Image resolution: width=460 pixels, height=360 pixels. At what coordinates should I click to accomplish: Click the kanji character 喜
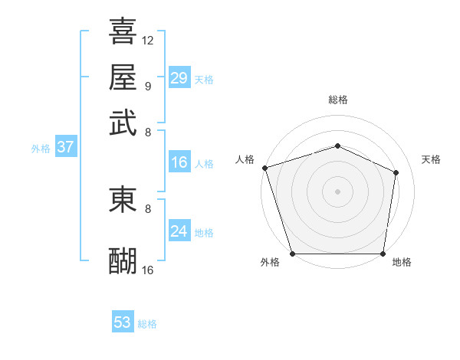123,32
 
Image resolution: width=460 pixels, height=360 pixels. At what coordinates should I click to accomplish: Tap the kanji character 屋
123,77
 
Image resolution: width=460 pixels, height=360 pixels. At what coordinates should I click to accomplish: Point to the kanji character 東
123,199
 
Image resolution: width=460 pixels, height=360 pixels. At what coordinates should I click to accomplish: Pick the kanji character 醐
123,260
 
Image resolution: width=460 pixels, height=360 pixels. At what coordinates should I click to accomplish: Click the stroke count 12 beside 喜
148,40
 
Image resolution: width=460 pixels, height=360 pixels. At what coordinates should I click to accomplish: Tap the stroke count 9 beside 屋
148,86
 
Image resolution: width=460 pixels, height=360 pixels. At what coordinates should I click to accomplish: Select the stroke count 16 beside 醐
148,270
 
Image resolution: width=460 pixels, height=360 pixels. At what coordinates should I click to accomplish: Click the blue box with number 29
179,78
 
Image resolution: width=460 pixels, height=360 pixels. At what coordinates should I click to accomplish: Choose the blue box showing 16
179,162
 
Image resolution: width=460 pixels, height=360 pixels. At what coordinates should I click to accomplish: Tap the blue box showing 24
179,231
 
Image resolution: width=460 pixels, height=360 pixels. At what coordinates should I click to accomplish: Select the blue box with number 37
65,148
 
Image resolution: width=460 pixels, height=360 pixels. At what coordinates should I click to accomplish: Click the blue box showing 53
123,322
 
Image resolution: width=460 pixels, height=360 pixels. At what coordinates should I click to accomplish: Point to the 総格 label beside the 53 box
147,324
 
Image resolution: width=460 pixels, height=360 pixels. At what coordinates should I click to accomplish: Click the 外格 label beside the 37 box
40,149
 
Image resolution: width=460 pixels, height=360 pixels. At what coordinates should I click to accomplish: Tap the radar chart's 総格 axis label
337,100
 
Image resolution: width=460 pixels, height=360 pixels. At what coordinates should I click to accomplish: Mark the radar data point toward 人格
264,168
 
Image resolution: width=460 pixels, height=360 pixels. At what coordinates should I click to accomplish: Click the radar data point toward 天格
396,172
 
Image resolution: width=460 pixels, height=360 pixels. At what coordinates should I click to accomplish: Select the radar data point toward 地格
383,254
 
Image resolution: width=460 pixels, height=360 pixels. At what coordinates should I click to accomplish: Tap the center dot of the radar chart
337,191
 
